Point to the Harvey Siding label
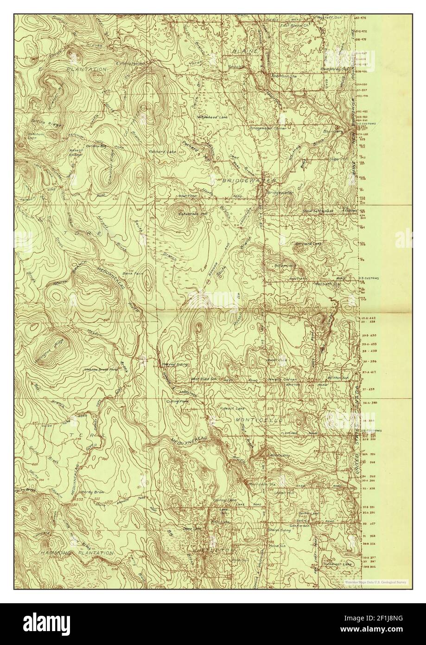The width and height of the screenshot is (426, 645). point(175,365)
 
